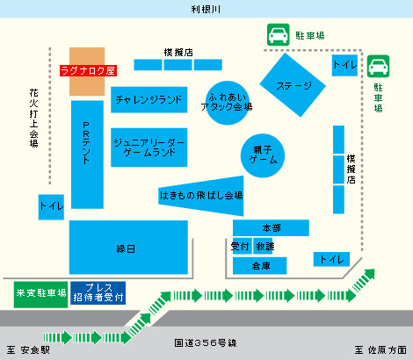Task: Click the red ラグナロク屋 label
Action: pyautogui.click(x=88, y=70)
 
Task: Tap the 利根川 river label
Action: pyautogui.click(x=206, y=9)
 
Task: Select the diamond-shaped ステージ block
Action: pyautogui.click(x=293, y=85)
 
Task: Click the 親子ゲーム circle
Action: pyautogui.click(x=263, y=155)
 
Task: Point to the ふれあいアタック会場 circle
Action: pyautogui.click(x=228, y=103)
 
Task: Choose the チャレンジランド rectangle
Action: pyautogui.click(x=149, y=100)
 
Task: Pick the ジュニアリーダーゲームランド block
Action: pyautogui.click(x=149, y=148)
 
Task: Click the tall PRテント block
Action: pyautogui.click(x=87, y=155)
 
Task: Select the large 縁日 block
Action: pyautogui.click(x=128, y=248)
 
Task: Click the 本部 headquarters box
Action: pyautogui.click(x=271, y=227)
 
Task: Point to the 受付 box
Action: pyautogui.click(x=242, y=246)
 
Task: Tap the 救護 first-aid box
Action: pyautogui.click(x=264, y=246)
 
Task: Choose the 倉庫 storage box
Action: pyautogui.click(x=259, y=266)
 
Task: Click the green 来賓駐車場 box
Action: pyautogui.click(x=40, y=294)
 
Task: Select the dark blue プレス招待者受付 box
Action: pyautogui.click(x=98, y=293)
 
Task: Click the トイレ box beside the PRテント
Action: pyautogui.click(x=51, y=207)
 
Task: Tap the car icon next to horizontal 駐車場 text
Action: pyautogui.click(x=279, y=35)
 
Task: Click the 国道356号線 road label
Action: pyautogui.click(x=206, y=342)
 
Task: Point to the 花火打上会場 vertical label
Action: pyautogui.click(x=33, y=118)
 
